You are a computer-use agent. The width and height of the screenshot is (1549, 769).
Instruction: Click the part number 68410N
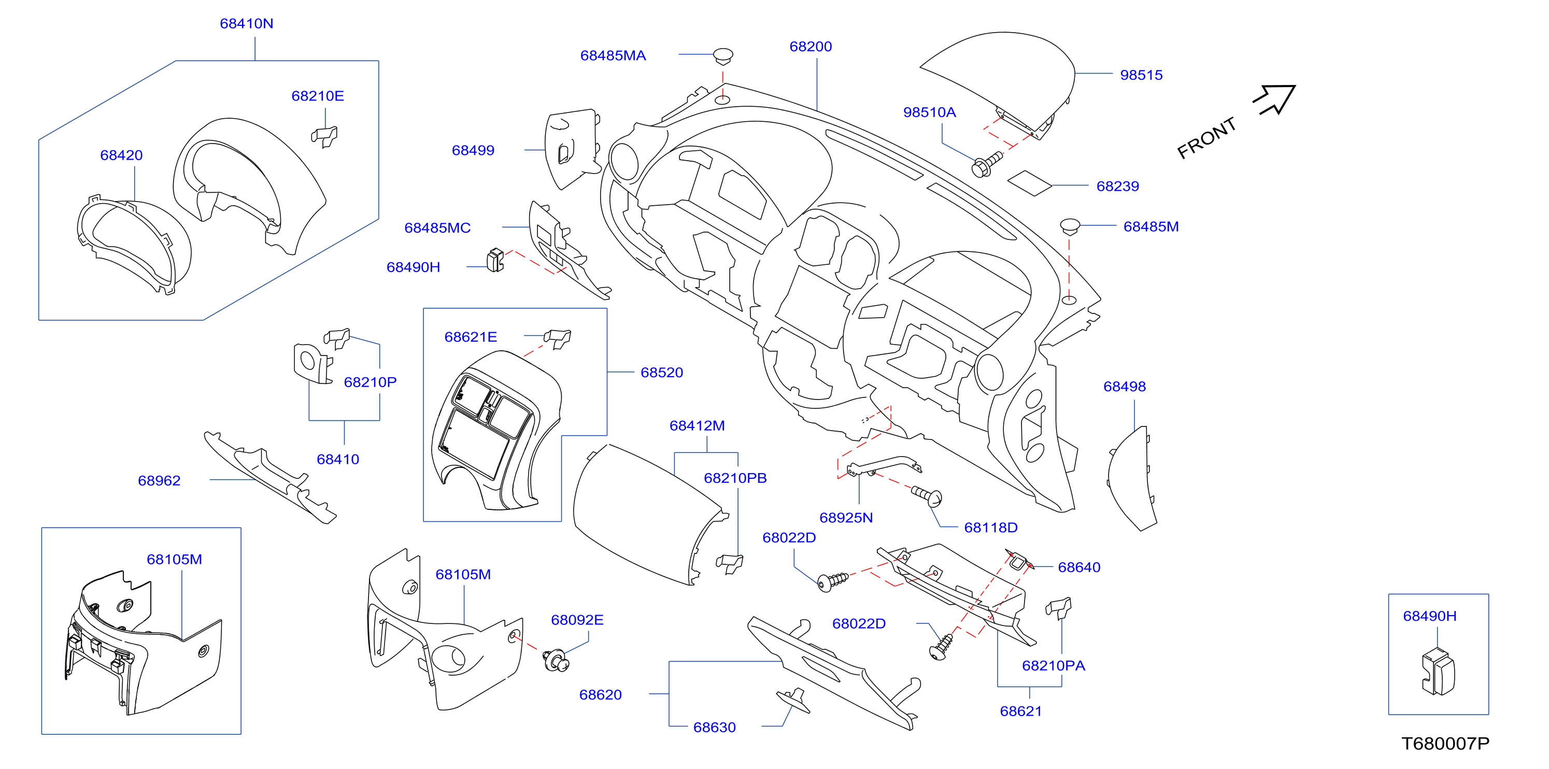click(x=247, y=23)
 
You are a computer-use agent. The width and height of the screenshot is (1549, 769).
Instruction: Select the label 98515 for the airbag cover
click(x=1141, y=75)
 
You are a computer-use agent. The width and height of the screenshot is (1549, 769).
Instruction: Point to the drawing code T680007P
click(x=1445, y=744)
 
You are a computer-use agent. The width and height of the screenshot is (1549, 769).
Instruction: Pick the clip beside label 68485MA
click(x=723, y=56)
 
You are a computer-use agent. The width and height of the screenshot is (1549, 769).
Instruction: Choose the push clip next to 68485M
click(x=1070, y=226)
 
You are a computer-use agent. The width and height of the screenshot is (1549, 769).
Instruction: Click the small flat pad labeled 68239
click(x=1029, y=183)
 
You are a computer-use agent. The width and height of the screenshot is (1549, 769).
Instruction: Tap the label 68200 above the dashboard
click(x=811, y=46)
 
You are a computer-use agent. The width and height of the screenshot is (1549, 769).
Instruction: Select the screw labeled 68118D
click(x=928, y=496)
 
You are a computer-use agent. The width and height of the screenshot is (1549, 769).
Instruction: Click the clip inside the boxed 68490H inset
click(x=1438, y=672)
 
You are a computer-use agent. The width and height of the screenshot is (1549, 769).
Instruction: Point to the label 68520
click(x=661, y=372)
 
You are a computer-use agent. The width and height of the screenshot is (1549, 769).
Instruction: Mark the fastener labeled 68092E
click(x=556, y=660)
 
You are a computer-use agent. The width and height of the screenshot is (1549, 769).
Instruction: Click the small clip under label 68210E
click(x=325, y=136)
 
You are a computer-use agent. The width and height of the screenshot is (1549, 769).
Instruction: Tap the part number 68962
click(x=159, y=480)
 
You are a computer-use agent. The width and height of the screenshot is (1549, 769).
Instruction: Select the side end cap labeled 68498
click(x=1130, y=478)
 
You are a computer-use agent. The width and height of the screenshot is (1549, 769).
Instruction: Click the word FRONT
click(x=1206, y=138)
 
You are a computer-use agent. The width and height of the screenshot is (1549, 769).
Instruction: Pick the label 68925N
click(x=846, y=518)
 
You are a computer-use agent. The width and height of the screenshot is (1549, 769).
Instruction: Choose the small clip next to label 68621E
click(x=558, y=338)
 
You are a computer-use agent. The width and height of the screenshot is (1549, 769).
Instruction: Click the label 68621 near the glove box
click(x=1021, y=711)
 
